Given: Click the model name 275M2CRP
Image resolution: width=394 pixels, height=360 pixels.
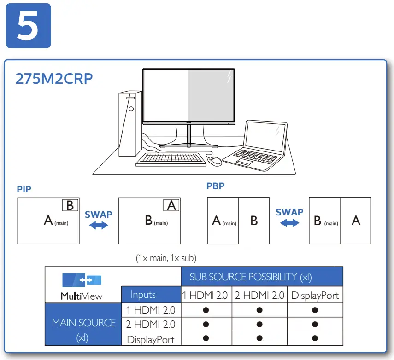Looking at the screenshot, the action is click(54, 79).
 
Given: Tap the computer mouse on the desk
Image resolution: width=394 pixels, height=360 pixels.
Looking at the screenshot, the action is click(214, 161).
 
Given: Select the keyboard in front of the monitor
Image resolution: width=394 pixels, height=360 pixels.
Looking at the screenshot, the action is click(171, 159).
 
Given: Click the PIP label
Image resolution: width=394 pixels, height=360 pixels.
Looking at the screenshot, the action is click(24, 189).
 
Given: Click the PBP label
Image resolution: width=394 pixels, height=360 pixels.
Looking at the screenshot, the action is click(215, 186).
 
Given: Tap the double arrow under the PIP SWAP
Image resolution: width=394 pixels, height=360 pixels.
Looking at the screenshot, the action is click(99, 225).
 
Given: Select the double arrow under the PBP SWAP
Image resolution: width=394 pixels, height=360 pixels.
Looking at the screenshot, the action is click(289, 223).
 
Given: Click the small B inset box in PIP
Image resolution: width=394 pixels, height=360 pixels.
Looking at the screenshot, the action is click(70, 205).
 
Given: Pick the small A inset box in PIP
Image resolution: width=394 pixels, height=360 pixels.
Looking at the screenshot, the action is click(171, 205).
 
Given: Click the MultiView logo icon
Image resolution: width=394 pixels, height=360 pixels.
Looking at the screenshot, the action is click(82, 280).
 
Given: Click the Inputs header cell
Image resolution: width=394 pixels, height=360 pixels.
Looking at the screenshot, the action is click(143, 295).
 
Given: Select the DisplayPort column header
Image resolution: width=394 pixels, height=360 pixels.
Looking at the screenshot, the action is click(315, 295).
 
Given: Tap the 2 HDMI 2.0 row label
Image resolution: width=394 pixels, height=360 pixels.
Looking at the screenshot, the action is click(151, 324).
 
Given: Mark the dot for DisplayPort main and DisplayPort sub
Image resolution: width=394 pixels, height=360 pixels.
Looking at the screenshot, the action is click(315, 338).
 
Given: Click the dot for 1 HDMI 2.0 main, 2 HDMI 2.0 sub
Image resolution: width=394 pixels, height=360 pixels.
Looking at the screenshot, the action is click(259, 310).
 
